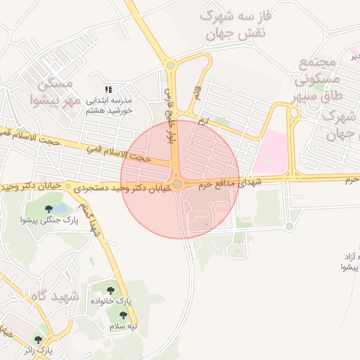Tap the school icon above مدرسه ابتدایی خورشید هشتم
(108, 89)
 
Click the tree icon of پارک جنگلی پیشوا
(49, 209)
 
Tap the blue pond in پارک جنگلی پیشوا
(60, 208)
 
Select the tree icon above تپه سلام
(123, 315)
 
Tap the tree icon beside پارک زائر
(49, 339)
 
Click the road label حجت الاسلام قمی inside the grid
(117, 153)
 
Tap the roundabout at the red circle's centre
(179, 184)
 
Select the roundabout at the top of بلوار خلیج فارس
(170, 66)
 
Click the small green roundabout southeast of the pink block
(289, 226)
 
